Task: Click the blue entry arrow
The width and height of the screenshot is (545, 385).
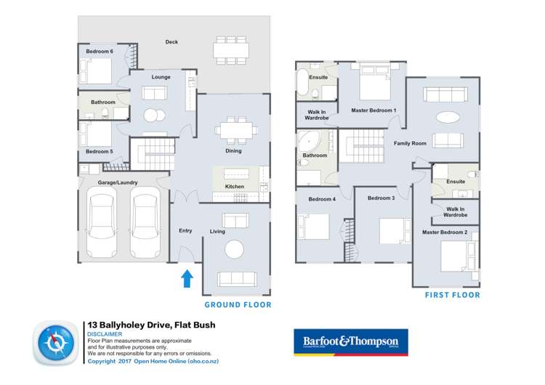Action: pos(186,277)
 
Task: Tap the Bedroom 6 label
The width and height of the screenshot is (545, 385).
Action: pos(100,52)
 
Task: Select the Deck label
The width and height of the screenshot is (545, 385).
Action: pos(171,42)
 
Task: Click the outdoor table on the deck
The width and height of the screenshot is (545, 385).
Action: pos(230,51)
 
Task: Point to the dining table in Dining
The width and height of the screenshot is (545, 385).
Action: pos(235,129)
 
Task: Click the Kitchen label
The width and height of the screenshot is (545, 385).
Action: pos(235,187)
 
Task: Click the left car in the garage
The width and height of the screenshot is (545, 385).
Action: pos(100,222)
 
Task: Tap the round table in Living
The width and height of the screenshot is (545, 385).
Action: pos(235,249)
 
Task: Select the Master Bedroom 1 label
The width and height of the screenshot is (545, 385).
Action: pos(374,110)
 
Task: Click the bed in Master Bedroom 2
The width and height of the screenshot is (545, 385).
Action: pos(456,256)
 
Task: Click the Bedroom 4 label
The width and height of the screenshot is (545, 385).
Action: pos(321,199)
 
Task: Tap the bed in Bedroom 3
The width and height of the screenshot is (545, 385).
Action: pos(391,231)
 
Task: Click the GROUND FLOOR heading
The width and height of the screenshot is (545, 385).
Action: pos(237,305)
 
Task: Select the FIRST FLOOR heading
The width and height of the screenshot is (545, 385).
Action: pos(452,296)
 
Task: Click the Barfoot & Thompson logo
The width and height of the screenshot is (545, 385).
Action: pos(350,341)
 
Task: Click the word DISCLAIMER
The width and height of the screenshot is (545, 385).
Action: pos(105,334)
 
